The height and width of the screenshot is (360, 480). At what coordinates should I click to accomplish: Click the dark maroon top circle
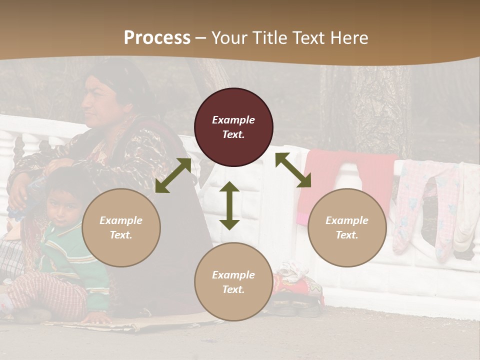233,127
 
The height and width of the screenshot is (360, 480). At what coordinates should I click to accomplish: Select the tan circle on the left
121,227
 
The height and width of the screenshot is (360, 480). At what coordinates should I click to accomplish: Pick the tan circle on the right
347,227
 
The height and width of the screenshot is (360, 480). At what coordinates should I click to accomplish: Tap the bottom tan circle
233,281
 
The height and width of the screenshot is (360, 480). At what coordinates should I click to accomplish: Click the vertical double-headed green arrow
229,205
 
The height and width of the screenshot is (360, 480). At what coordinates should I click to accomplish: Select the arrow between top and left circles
173,175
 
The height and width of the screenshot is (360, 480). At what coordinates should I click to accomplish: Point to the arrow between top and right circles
293,170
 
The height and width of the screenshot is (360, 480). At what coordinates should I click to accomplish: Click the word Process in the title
157,38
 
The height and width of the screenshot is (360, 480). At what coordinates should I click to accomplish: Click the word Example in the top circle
233,120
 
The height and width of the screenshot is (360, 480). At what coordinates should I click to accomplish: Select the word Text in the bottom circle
233,289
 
